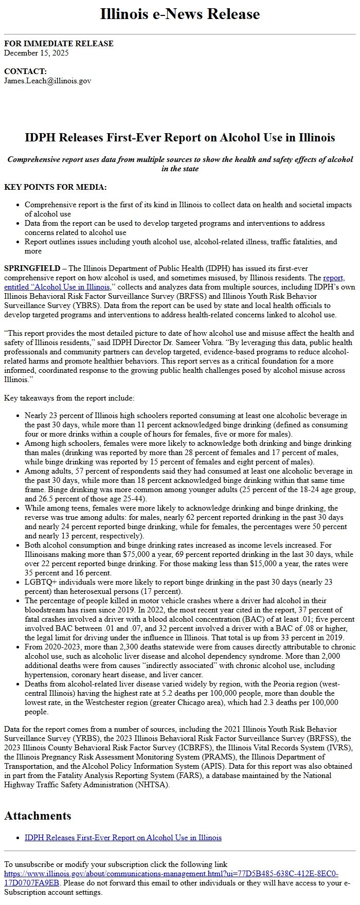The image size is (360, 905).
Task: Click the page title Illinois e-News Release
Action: pos(179,14)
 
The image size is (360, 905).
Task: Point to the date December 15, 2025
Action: pos(37,53)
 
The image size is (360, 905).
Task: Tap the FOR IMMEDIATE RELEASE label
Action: pos(59,44)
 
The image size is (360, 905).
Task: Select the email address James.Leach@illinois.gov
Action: pos(48,81)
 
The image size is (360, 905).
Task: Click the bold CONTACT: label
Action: pos(25,71)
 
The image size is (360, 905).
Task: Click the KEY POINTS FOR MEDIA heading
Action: pos(56,187)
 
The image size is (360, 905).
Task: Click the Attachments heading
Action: pos(38,816)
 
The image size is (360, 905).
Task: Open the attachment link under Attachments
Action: pos(123,838)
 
